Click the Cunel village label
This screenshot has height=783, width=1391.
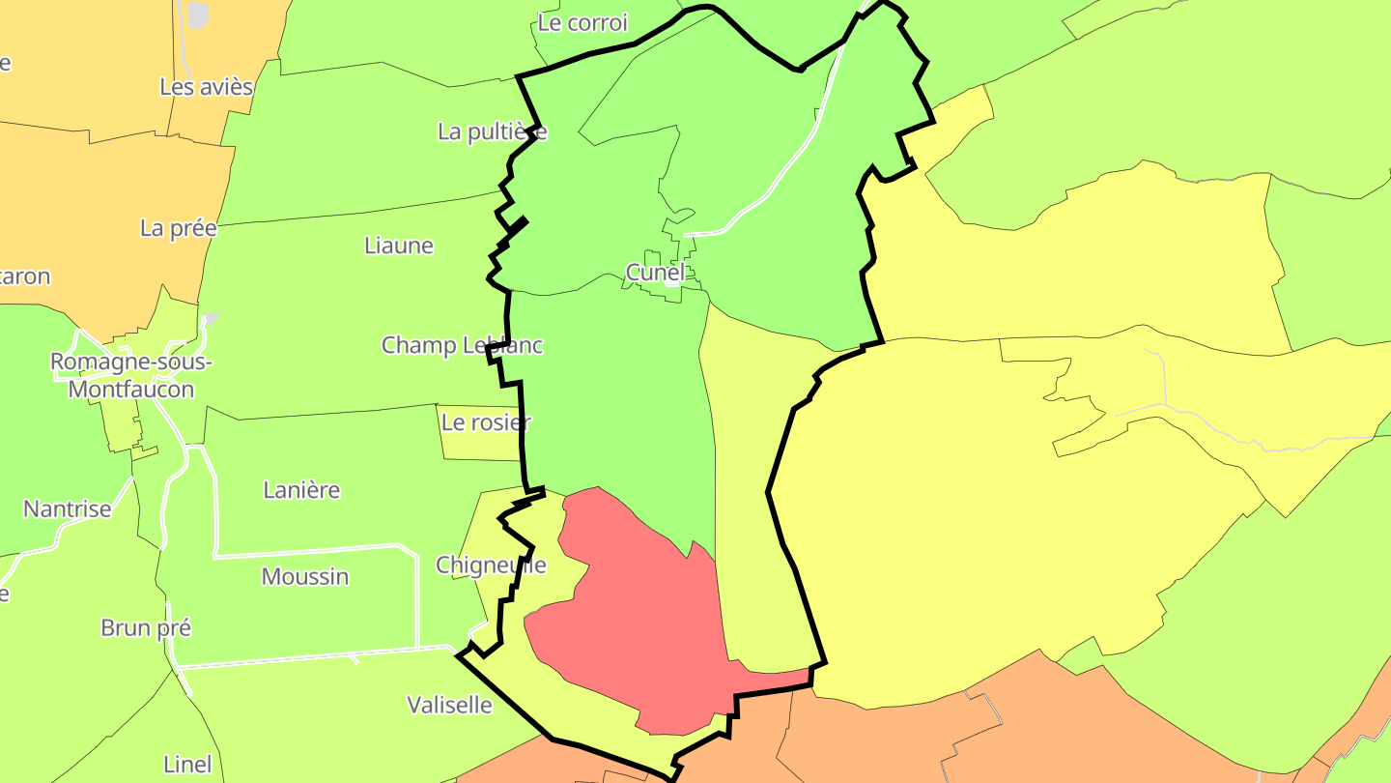point(655,273)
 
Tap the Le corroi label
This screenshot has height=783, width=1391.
point(582,23)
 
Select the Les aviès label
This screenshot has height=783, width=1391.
point(206,87)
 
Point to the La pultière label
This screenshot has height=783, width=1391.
point(492,131)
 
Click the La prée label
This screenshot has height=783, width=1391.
point(179,228)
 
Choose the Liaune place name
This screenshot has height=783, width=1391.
point(399,246)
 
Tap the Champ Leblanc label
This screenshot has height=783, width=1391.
point(462,345)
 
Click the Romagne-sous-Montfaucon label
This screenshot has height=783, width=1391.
point(131,376)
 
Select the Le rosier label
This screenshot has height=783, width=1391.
point(486,422)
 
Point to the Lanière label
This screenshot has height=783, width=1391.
point(301,490)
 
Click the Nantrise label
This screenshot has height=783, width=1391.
point(68,509)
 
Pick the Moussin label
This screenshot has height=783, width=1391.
point(305,577)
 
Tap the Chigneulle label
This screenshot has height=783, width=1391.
point(491,565)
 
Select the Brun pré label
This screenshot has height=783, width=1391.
point(146,628)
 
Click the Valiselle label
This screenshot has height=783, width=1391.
point(449,706)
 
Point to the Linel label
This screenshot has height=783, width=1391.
point(187,765)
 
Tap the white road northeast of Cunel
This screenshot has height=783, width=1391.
point(773,185)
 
